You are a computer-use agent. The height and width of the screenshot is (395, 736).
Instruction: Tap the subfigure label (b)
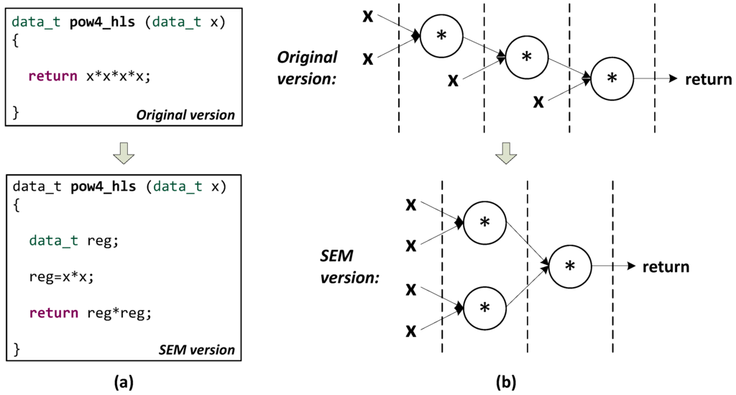point(505,381)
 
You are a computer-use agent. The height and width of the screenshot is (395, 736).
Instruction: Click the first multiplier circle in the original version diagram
point(441,35)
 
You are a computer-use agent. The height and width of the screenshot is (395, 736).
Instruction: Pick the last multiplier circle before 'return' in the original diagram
point(612,78)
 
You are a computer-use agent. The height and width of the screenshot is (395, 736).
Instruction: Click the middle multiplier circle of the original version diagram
point(527,57)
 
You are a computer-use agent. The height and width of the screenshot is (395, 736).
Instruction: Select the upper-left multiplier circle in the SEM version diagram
point(484,223)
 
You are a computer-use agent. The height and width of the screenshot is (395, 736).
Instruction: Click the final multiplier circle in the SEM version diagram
point(570,266)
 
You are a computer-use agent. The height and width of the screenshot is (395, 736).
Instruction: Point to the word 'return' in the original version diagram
point(708,79)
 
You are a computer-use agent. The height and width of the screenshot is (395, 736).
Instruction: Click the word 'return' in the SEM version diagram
point(666,267)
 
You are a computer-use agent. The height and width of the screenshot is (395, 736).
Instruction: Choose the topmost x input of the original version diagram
point(368,15)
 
